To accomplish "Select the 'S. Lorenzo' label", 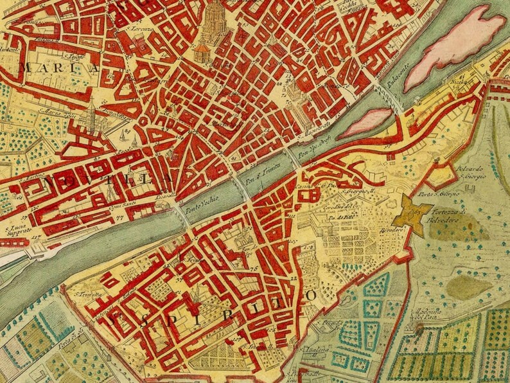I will click(x=142, y=29).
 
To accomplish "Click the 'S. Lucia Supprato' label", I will click(x=17, y=232).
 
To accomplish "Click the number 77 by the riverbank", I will click(x=118, y=218).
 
